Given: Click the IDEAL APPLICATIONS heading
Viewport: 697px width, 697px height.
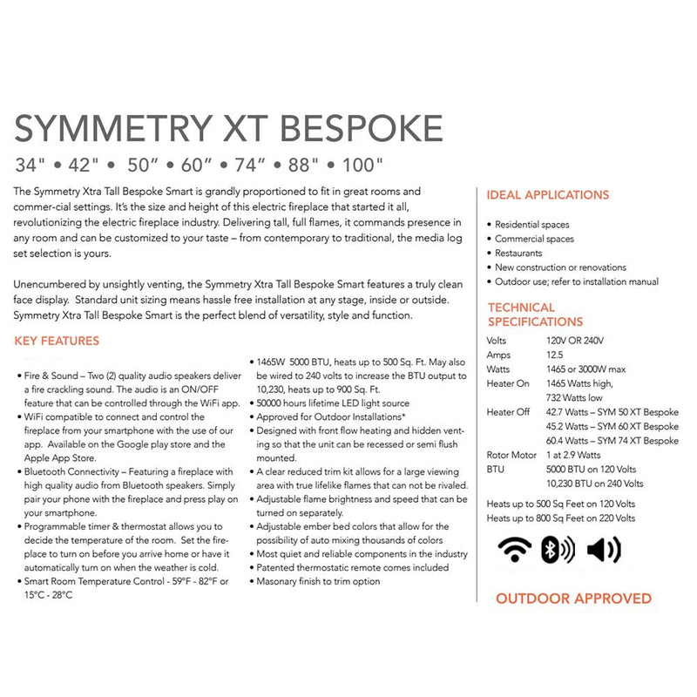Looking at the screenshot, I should pyautogui.click(x=547, y=195).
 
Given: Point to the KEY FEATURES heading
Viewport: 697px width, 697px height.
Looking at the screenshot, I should pyautogui.click(x=58, y=341).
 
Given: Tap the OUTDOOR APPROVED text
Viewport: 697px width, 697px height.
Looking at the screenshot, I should pyautogui.click(x=573, y=599).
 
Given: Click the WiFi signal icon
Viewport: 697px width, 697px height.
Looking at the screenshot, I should pyautogui.click(x=514, y=550).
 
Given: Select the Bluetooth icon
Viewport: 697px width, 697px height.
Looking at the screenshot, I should pyautogui.click(x=558, y=550).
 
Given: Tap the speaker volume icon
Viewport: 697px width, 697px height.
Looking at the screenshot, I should pyautogui.click(x=604, y=550).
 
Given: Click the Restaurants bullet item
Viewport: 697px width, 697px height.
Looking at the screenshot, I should pyautogui.click(x=518, y=254).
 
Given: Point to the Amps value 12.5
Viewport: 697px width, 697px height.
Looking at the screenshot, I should pyautogui.click(x=556, y=355).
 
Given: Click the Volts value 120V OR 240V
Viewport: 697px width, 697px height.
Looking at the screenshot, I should pyautogui.click(x=575, y=341).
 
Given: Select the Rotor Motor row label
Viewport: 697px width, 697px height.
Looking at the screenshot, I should pyautogui.click(x=512, y=455).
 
